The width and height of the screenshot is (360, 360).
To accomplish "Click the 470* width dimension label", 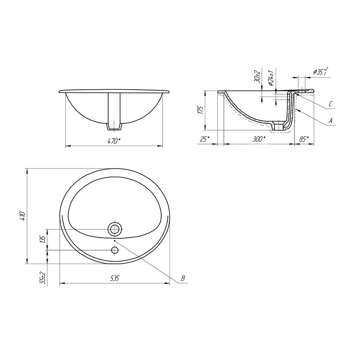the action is pos(114,141).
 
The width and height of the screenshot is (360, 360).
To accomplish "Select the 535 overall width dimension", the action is pos(114,278).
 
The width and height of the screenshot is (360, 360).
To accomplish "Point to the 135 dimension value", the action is pos(42,239).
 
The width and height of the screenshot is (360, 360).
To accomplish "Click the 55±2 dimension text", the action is pos(42,278).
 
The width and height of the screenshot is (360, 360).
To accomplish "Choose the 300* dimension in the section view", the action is pos(259,139).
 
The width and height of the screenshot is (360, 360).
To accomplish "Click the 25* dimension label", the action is pos(204,139).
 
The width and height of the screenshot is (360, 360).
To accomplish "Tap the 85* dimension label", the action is pos(304,139).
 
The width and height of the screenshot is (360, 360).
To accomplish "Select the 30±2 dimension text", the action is pos(257,76).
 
